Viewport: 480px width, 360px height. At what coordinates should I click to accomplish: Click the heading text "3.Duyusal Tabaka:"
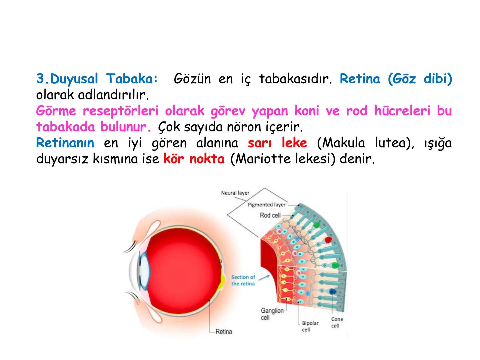point(97,79)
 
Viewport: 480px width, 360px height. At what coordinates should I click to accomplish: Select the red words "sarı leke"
point(277,143)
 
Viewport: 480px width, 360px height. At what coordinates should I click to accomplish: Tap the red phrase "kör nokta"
point(194,159)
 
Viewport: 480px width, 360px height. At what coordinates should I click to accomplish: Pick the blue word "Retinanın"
point(65,143)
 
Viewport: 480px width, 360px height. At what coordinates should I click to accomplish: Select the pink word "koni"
point(306,111)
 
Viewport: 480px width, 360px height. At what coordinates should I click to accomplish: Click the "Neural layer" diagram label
point(235,193)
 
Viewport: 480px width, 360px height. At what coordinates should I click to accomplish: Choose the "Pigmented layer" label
point(267,205)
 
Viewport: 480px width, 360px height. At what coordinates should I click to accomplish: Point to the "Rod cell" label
point(270,215)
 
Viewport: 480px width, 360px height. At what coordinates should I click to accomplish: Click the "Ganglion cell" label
point(272,314)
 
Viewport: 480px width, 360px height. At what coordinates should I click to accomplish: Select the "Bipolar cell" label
point(310,326)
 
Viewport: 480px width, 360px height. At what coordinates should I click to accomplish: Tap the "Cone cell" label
point(337,322)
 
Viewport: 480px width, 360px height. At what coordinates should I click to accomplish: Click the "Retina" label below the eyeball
point(224,332)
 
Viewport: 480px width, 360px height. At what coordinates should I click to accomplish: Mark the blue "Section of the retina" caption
point(243,280)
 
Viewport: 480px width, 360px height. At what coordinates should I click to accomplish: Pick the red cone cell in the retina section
point(328,240)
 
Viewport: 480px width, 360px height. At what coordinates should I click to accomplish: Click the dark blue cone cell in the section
point(332,292)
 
